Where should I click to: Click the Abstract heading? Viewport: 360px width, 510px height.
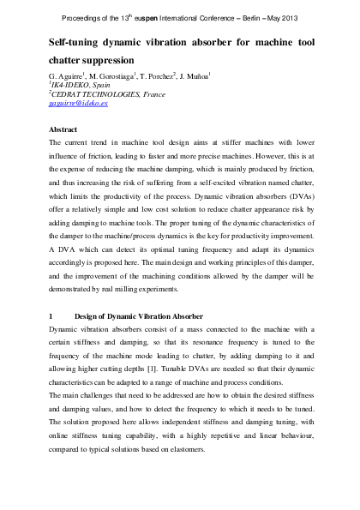pyautogui.click(x=65, y=128)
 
